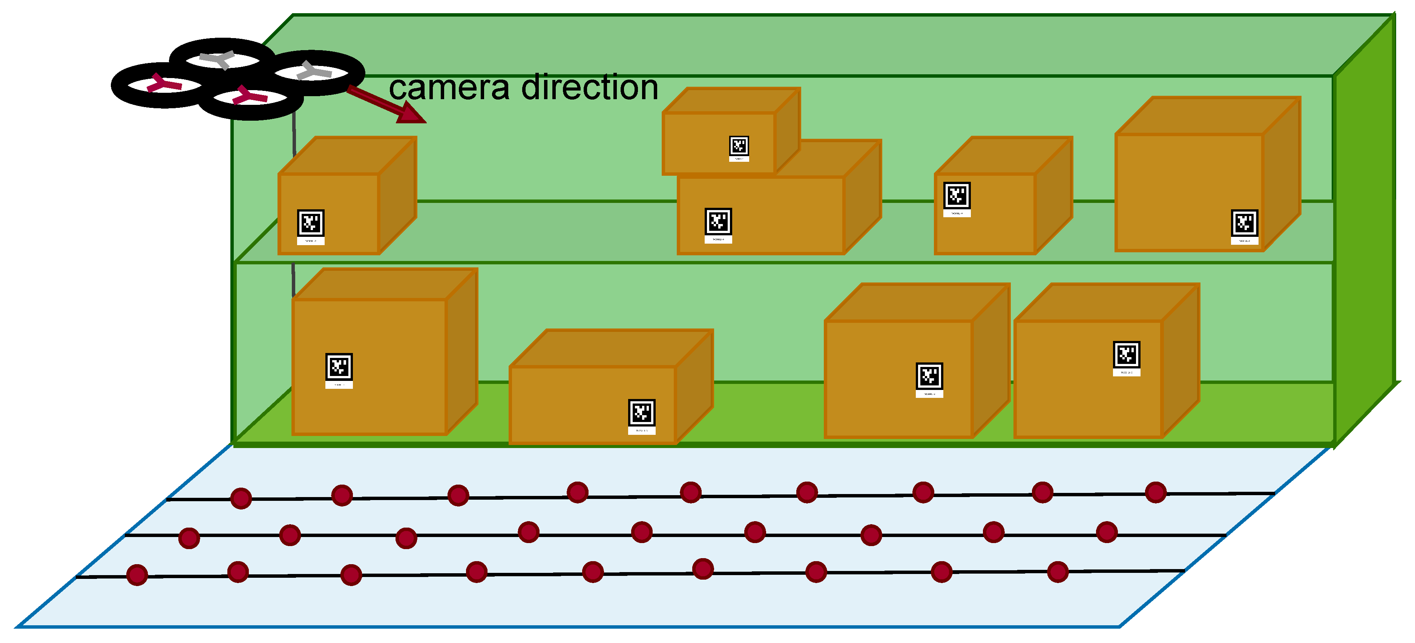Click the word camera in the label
[x=449, y=88]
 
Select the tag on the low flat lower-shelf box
[x=642, y=413]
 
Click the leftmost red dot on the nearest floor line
[x=137, y=575]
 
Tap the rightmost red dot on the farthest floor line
[x=1156, y=493]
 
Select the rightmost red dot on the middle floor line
[x=1106, y=532]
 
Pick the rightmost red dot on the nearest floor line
[x=1058, y=572]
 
